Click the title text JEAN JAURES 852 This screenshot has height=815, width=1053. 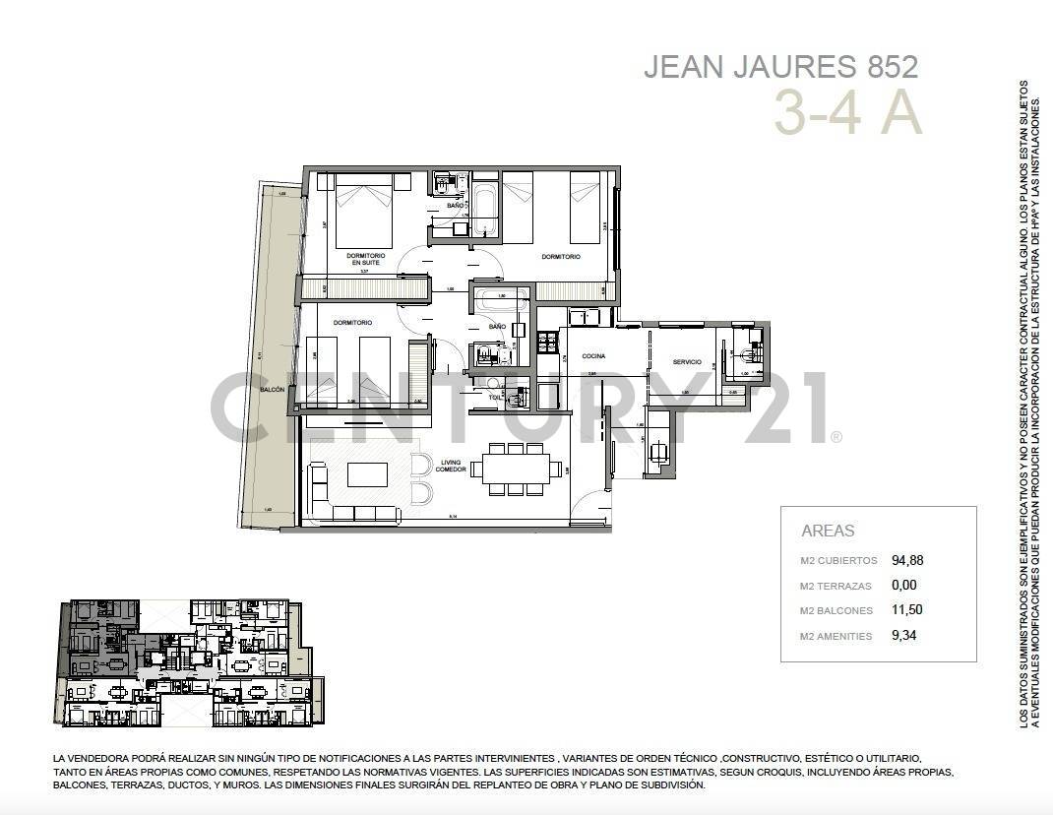coord(780,67)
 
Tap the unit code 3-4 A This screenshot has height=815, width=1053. coord(846,112)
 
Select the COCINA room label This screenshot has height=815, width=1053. coord(592,355)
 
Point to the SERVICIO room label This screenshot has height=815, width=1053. coord(687,362)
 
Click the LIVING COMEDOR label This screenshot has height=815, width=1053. coord(451,466)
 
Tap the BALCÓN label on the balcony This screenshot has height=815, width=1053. coord(272,390)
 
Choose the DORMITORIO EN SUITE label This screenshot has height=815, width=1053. coord(365,259)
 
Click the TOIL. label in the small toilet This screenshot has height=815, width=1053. coord(494,397)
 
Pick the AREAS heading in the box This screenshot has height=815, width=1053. coord(828,531)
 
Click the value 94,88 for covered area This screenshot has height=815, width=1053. coord(907,560)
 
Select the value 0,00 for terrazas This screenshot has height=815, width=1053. coord(903,585)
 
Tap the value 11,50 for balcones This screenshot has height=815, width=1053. coord(906,609)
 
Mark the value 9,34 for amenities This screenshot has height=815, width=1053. coord(903,635)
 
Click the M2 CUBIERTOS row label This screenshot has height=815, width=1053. coord(837,561)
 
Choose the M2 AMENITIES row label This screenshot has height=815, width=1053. coord(836,636)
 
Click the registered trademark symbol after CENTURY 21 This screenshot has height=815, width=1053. coord(836,437)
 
